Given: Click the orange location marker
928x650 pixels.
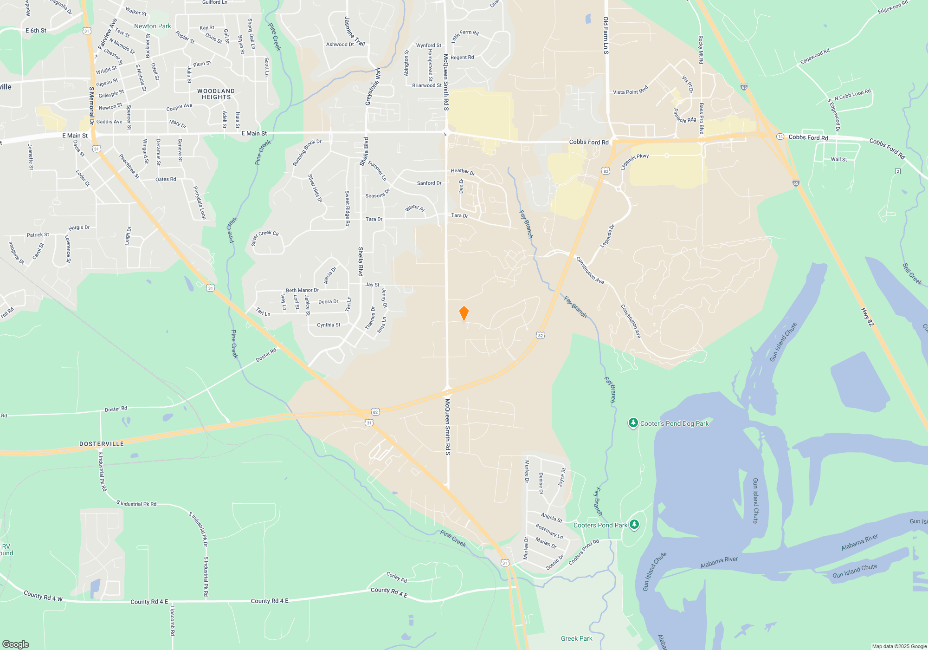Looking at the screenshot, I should (464, 313).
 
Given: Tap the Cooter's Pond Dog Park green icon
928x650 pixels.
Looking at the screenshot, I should (633, 423).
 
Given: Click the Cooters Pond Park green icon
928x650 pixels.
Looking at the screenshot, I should (634, 525).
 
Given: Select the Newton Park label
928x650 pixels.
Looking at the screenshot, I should (152, 26).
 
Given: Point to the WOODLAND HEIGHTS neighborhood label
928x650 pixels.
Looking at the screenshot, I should (216, 94).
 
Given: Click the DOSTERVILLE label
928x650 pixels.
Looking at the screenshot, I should (102, 444).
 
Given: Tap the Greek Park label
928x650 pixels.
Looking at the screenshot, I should (576, 638).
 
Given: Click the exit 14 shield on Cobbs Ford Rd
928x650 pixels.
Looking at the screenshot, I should (780, 136).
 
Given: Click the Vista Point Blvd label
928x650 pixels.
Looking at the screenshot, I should (630, 91).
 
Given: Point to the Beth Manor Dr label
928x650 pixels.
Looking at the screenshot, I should (302, 290).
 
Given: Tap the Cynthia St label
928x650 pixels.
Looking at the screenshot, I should (329, 325).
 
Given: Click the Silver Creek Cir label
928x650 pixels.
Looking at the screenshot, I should (265, 237).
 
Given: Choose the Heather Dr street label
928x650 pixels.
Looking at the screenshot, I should (463, 172).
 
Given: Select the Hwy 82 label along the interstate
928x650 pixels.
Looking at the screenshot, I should (867, 317).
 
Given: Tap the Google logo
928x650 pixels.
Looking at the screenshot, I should (16, 644).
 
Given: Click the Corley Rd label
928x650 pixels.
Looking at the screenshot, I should (397, 577).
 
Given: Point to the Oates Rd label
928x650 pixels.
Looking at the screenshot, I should (166, 179).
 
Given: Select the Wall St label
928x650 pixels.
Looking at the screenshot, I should (838, 159).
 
